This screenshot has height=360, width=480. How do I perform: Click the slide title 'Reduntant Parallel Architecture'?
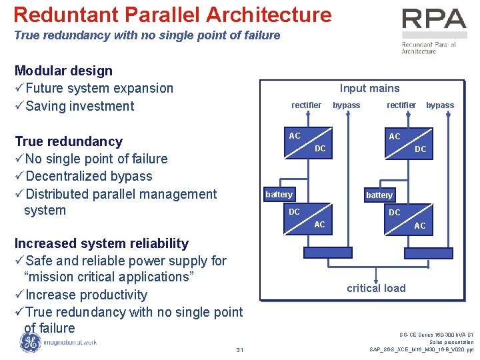click(x=172, y=15)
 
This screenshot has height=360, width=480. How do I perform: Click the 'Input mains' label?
click(x=369, y=88)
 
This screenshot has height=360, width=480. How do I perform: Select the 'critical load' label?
click(x=376, y=288)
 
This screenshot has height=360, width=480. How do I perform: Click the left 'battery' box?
click(x=279, y=195)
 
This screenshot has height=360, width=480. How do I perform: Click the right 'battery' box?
click(x=379, y=195)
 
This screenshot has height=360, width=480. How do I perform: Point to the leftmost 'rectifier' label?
click(x=306, y=105)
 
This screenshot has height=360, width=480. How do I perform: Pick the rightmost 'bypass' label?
click(x=440, y=105)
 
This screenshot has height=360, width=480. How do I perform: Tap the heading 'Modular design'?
click(x=63, y=71)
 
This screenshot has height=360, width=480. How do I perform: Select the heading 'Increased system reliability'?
click(x=101, y=243)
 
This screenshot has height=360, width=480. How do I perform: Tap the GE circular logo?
click(x=29, y=342)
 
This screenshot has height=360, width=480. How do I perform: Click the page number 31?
click(x=239, y=351)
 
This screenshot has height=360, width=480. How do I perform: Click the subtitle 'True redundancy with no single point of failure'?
click(x=147, y=35)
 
